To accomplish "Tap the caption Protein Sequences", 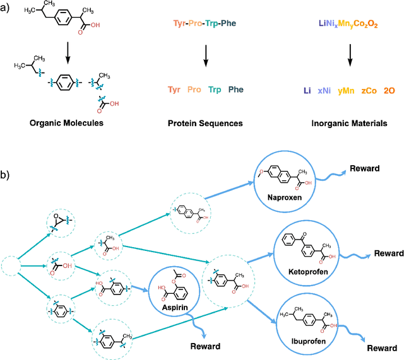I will [205, 124].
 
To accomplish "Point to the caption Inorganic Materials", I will [350, 124].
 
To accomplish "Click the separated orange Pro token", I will [194, 90].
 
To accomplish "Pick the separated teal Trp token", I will [215, 90].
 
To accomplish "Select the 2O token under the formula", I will [390, 91].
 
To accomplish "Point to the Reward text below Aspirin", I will [205, 346].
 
